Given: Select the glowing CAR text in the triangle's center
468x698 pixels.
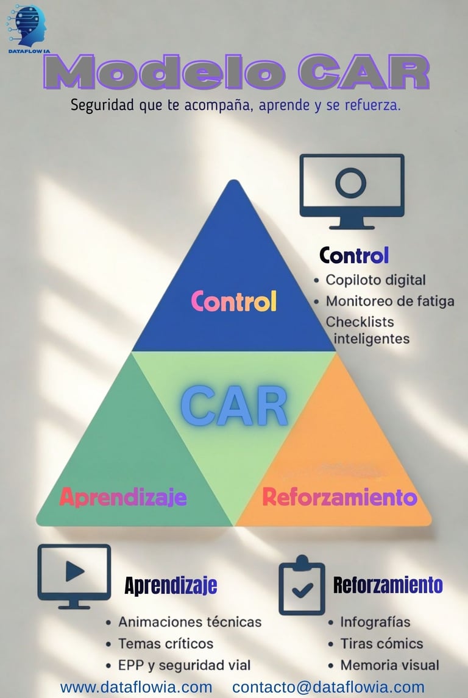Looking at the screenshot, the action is (235, 405).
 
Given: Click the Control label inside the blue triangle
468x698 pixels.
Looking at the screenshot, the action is (234, 301).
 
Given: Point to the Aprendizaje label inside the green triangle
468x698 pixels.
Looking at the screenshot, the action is (123, 497).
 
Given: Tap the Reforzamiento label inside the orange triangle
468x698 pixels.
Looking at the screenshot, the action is (339, 497).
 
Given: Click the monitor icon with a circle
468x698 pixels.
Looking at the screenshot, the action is (352, 190).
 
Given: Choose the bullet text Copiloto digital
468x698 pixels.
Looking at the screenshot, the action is (375, 280).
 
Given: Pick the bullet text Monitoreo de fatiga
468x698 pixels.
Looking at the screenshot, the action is (390, 301).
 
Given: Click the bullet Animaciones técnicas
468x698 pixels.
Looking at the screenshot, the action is (190, 622).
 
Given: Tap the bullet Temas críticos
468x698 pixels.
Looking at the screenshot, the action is (166, 643).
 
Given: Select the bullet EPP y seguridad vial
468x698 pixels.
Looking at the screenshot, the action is (184, 665).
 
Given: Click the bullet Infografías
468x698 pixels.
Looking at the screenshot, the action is (375, 622).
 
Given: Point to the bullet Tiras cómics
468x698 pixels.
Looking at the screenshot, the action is (381, 643).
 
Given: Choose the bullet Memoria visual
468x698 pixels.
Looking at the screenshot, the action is (389, 665).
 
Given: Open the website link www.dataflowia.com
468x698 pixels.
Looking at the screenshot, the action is (136, 687).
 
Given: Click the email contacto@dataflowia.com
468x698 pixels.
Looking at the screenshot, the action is (328, 687).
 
